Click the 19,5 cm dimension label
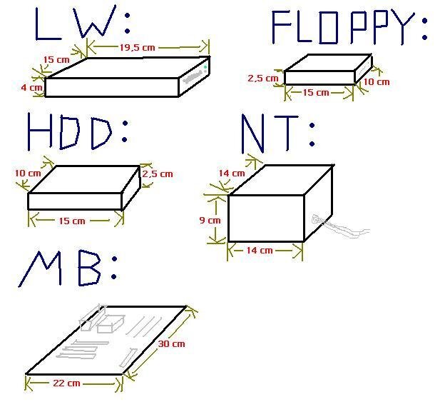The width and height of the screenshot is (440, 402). (x=138, y=47)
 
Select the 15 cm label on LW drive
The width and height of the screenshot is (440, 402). (x=56, y=60)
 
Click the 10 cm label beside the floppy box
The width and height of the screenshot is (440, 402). (x=377, y=81)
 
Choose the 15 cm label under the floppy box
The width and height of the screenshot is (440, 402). (x=316, y=92)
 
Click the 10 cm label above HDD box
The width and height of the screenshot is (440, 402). (x=27, y=173)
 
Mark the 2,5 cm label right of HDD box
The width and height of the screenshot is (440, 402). (x=158, y=174)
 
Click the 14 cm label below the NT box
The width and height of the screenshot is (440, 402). (x=260, y=250)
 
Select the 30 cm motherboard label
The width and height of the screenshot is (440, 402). (x=171, y=343)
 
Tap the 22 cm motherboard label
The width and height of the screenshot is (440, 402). (x=67, y=383)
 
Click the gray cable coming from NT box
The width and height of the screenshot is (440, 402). (x=342, y=229)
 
